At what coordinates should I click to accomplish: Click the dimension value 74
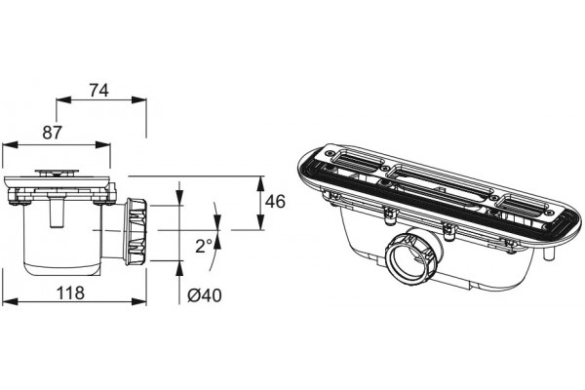(x=98, y=91)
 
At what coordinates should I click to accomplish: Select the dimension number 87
(x=52, y=133)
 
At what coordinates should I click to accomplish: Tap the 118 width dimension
(x=70, y=292)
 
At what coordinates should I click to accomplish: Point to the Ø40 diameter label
(x=205, y=295)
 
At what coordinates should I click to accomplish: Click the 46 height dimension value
(x=275, y=202)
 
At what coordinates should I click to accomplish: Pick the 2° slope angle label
(x=204, y=246)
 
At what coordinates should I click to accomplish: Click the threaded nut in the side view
(x=136, y=231)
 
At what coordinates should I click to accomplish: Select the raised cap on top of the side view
(x=58, y=172)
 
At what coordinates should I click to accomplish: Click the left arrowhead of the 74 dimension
(x=63, y=99)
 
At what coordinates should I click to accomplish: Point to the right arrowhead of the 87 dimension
(x=103, y=145)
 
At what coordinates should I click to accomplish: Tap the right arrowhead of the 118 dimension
(x=138, y=301)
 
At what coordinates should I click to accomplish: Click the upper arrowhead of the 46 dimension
(x=260, y=183)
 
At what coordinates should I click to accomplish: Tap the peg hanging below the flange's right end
(x=548, y=253)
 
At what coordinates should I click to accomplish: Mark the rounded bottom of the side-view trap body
(x=62, y=269)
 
